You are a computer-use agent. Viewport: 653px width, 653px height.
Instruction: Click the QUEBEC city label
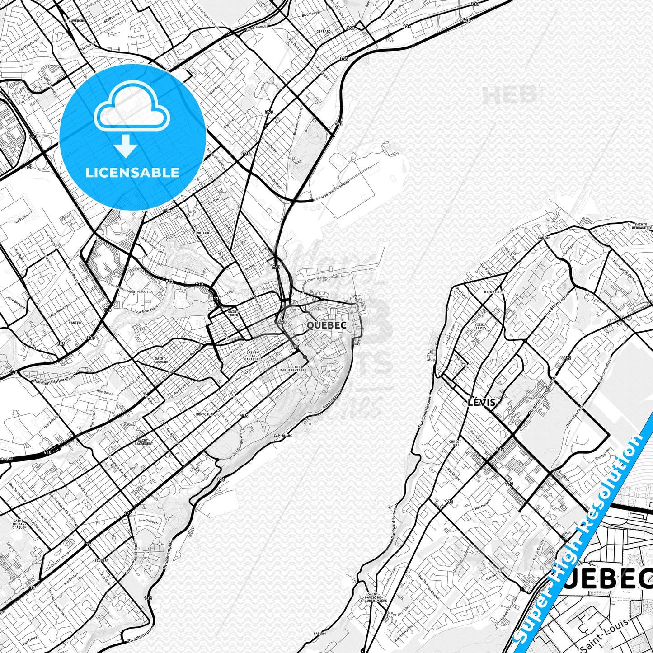point(326,325)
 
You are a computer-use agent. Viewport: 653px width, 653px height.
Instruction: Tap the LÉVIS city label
point(482,402)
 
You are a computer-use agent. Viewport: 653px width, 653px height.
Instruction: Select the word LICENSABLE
point(132,173)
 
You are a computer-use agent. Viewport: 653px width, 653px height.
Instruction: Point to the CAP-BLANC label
point(283,436)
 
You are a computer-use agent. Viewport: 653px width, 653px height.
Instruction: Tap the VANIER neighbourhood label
point(75,323)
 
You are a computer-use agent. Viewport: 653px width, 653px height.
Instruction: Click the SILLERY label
point(102,560)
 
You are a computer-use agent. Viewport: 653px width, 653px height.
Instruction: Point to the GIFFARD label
point(324,32)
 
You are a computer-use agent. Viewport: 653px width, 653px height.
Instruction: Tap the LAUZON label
point(544,237)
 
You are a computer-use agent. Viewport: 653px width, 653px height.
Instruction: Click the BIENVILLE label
point(493,292)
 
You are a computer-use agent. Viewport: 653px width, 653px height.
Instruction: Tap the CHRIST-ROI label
point(456,442)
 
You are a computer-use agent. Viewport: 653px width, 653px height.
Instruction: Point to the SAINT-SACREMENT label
point(144,442)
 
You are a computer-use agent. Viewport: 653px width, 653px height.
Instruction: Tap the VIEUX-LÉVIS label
point(481,326)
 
